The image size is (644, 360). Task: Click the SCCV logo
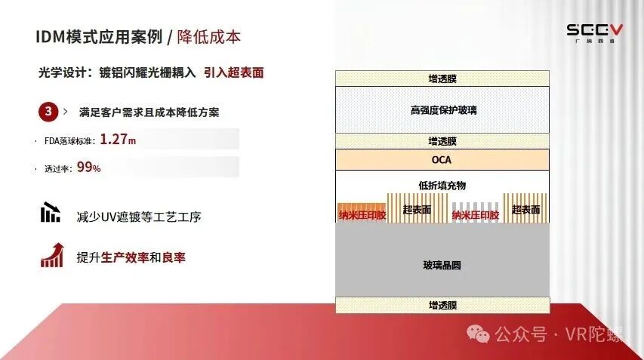(594, 33)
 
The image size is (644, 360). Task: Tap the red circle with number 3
(48, 111)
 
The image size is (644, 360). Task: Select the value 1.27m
(118, 140)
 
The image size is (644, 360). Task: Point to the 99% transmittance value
(89, 167)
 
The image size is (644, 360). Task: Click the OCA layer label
(442, 160)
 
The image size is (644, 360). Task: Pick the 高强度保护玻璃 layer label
(443, 110)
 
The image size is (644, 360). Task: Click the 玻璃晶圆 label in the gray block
(442, 265)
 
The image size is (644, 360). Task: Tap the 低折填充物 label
(442, 186)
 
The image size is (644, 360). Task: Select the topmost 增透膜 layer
(442, 78)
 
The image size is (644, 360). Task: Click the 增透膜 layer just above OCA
(442, 141)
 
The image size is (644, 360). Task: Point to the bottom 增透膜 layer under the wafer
(442, 305)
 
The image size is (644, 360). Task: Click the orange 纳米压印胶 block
(362, 213)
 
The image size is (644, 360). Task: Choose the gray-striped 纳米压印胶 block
(475, 213)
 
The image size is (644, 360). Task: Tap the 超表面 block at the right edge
(525, 208)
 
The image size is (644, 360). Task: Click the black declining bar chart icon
(51, 212)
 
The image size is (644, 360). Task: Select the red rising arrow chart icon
(52, 255)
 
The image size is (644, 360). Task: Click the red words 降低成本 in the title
(208, 37)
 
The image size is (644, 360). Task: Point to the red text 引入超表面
(234, 72)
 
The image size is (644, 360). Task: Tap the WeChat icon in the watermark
(478, 334)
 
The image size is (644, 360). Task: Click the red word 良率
(174, 257)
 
